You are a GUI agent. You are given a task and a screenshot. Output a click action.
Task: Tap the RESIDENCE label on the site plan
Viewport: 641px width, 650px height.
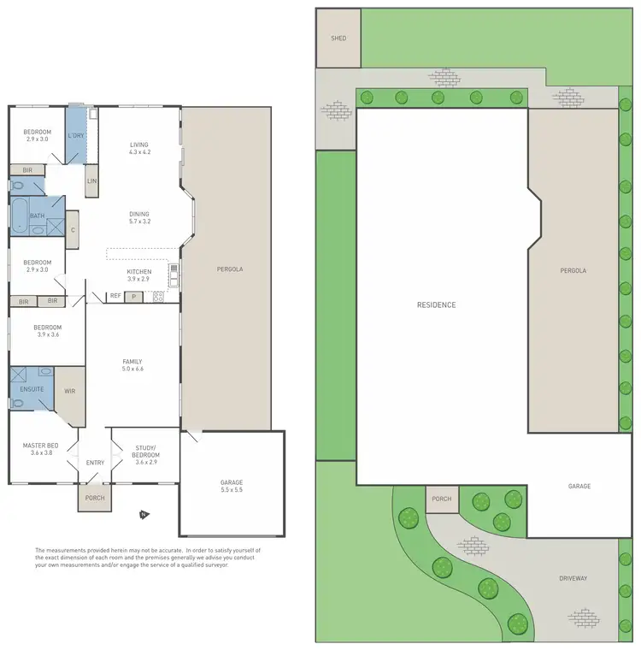(436, 305)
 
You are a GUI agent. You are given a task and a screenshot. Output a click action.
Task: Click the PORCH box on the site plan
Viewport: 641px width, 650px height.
(441, 499)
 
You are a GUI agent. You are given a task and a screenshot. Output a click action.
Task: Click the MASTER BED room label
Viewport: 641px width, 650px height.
(40, 449)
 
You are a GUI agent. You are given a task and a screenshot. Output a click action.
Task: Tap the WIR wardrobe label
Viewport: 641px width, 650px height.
(71, 392)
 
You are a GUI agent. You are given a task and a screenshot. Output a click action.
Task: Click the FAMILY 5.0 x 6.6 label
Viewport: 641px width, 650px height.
(132, 365)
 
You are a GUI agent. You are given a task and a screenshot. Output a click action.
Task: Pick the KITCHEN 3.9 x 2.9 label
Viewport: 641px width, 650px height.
(138, 275)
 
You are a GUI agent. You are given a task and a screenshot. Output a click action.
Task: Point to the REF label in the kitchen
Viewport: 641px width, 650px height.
(115, 296)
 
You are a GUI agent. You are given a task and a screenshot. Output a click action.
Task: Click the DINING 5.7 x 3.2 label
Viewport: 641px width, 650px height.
(138, 217)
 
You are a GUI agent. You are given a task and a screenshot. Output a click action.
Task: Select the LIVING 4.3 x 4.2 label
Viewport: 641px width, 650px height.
(139, 149)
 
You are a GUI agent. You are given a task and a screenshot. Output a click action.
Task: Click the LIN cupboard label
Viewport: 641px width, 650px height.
(91, 181)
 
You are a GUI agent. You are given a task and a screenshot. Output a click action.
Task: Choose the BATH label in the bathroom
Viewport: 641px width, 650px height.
(37, 216)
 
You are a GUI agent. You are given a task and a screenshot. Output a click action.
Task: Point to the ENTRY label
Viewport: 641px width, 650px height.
(95, 463)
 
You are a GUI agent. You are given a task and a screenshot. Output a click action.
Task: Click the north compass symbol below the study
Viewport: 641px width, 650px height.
(143, 515)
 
